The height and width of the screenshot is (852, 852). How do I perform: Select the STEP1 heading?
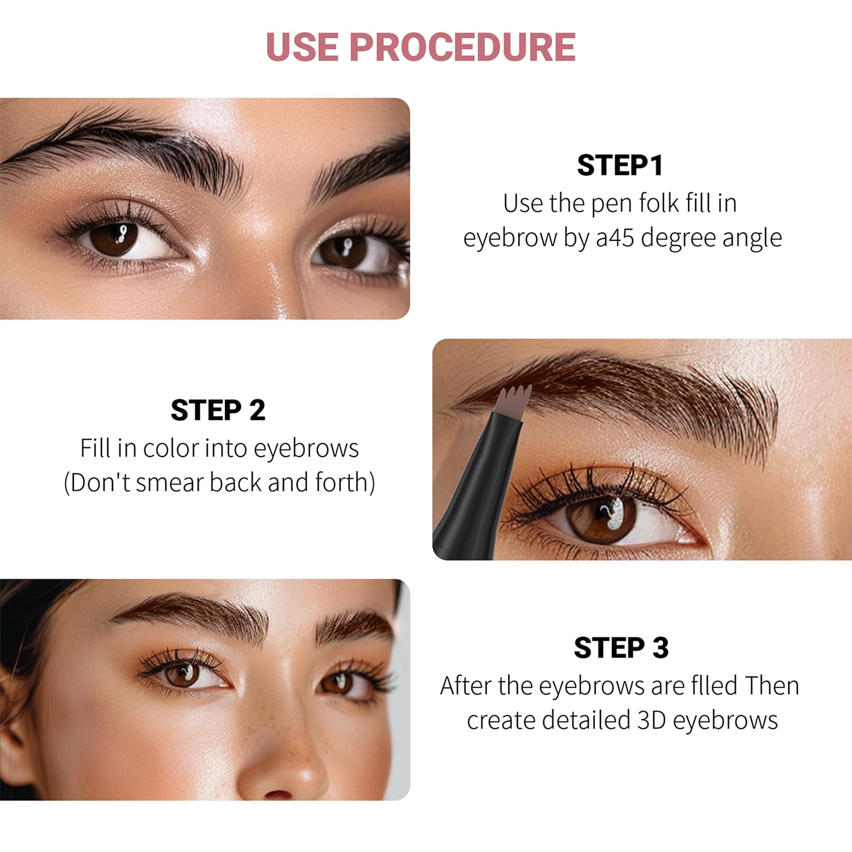(x=620, y=166)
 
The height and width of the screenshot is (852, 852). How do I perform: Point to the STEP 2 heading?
(x=218, y=411)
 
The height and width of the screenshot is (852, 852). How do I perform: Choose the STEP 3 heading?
(x=621, y=648)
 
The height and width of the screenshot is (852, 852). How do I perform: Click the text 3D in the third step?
(x=651, y=720)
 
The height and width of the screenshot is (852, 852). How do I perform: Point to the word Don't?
(x=100, y=483)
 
